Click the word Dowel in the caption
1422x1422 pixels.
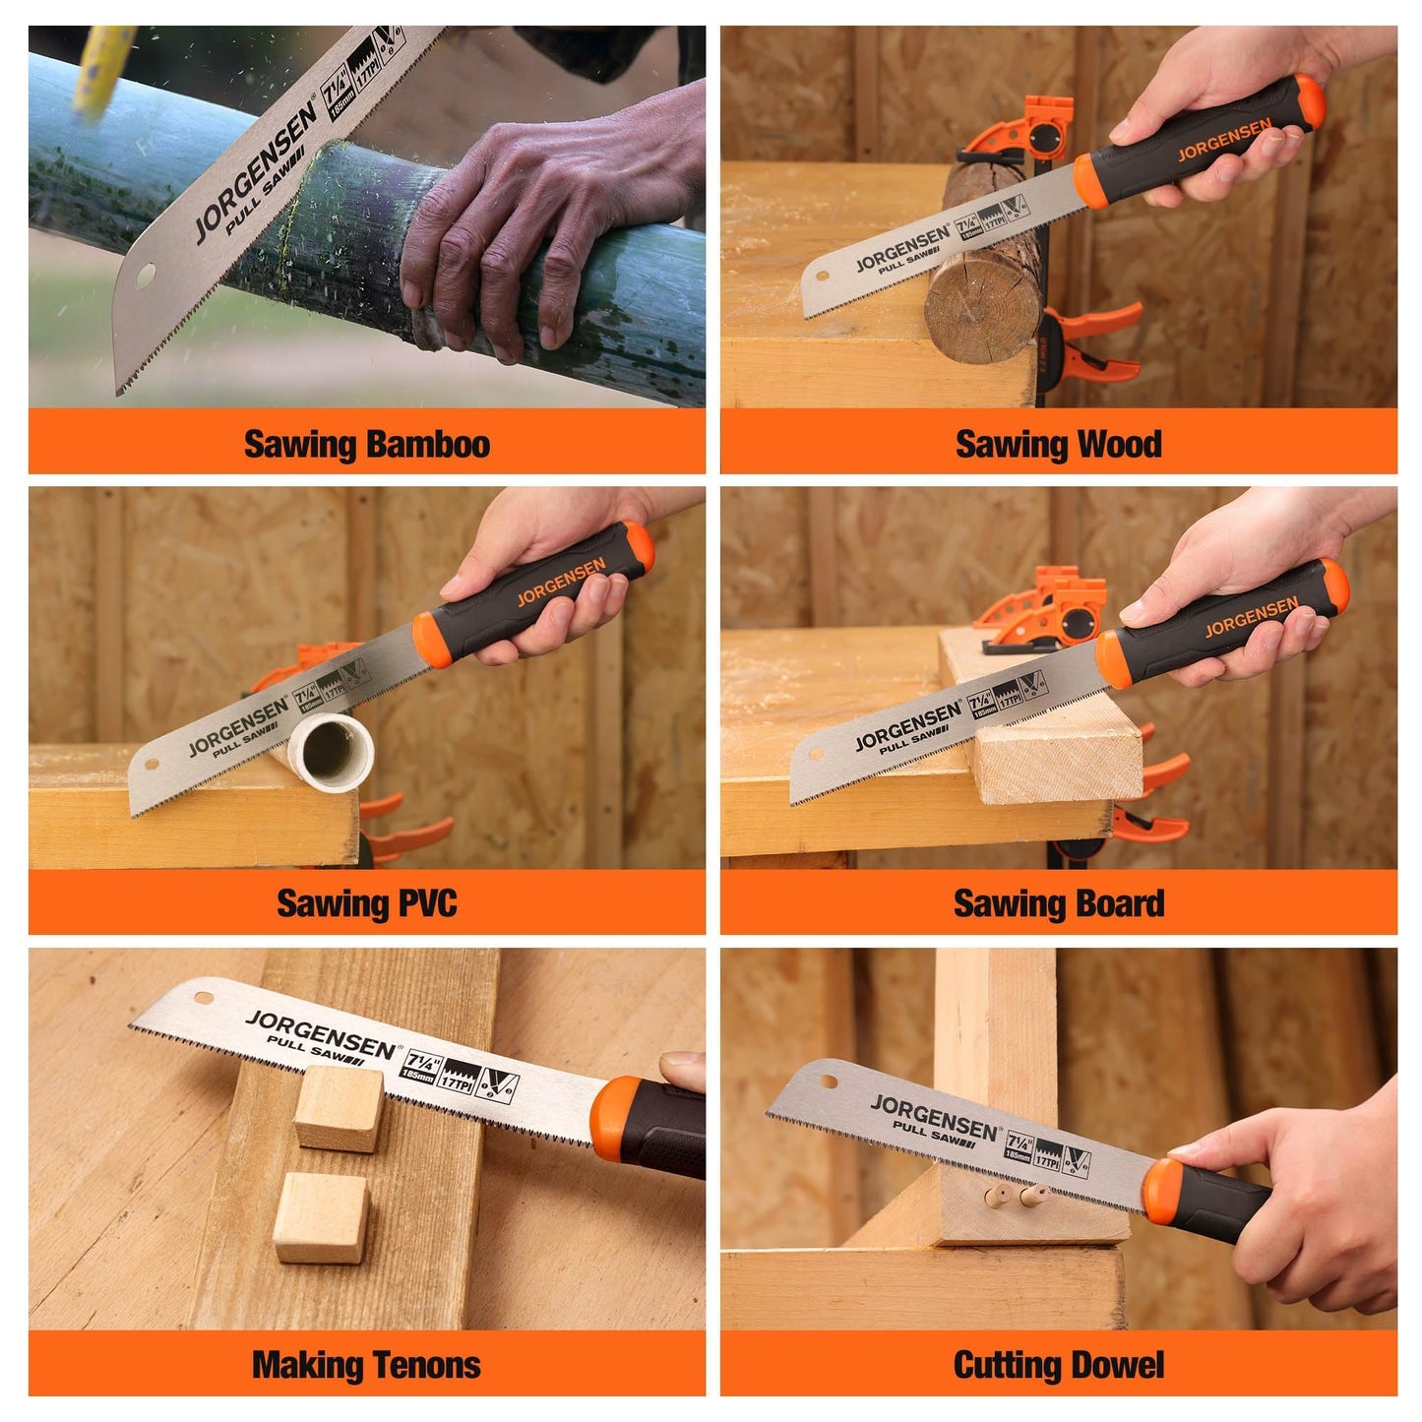(1117, 1365)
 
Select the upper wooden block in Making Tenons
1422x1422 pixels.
(340, 1108)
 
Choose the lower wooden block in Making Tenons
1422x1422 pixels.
(322, 1217)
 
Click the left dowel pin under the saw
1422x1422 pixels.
(994, 1197)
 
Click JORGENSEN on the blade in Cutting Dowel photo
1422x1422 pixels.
(933, 1117)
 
